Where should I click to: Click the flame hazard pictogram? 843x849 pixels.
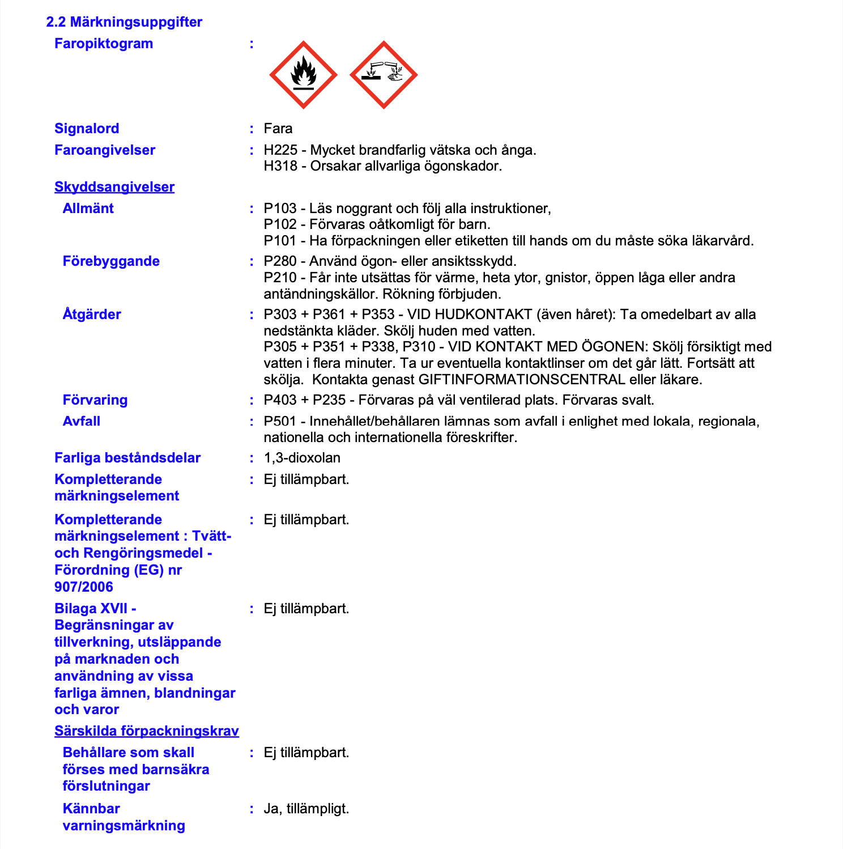[x=303, y=75]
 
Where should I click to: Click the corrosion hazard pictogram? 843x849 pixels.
[x=384, y=75]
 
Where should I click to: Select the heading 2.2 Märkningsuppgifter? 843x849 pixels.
[x=124, y=22]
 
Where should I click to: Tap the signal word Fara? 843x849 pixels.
[x=278, y=129]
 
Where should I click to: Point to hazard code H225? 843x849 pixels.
[x=280, y=150]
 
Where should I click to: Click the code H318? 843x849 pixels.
[x=280, y=166]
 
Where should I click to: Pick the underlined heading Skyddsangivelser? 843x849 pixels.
[x=114, y=187]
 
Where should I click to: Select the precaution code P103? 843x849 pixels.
[x=280, y=209]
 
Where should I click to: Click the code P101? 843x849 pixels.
[x=280, y=241]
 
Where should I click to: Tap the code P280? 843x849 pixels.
[x=280, y=261]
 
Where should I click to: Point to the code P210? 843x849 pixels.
[x=280, y=278]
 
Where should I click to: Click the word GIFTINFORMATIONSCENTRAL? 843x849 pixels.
[x=521, y=380]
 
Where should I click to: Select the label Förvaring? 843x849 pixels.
[x=95, y=400]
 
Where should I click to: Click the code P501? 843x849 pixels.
[x=280, y=422]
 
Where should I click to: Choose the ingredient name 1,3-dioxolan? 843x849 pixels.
[x=302, y=458]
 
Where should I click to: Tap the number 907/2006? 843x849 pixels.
[x=84, y=587]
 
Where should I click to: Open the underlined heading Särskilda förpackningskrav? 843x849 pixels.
[x=147, y=731]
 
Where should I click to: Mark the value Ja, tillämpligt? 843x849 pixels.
[x=306, y=809]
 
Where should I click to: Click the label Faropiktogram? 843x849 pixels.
[x=104, y=44]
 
